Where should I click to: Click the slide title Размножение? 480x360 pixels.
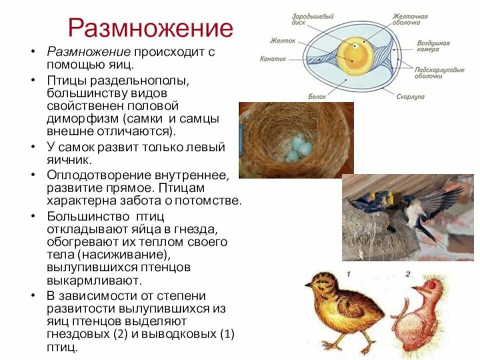(x=150, y=28)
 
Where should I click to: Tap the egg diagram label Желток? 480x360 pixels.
(x=279, y=41)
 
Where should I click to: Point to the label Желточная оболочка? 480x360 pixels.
(x=409, y=19)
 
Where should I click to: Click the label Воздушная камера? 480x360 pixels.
(x=433, y=46)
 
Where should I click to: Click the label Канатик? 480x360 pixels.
(x=272, y=58)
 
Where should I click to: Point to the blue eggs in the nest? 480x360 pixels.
(x=298, y=148)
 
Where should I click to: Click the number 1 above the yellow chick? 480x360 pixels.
(x=348, y=274)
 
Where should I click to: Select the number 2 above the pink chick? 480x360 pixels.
(x=407, y=274)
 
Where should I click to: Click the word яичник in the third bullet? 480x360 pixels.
(x=69, y=160)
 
